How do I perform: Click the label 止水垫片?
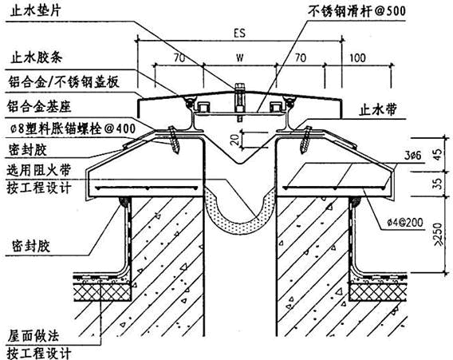point(35,10)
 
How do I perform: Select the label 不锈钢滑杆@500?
point(357,11)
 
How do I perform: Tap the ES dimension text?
point(239,34)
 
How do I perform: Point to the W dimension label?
point(240,57)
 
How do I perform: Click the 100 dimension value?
point(357,58)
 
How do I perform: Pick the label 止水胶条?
point(37,57)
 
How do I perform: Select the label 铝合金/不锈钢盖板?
point(64,82)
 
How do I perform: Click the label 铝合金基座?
point(39,106)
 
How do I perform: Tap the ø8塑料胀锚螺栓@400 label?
point(72,129)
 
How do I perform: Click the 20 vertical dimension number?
point(236,140)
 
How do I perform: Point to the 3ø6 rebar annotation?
point(412,156)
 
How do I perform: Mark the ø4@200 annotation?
point(405,223)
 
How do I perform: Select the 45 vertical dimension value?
point(439,155)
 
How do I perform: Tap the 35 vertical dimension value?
point(439,184)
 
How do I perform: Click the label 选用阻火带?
point(39,170)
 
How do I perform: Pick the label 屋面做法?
point(33,336)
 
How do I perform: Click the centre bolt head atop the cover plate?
point(239,87)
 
